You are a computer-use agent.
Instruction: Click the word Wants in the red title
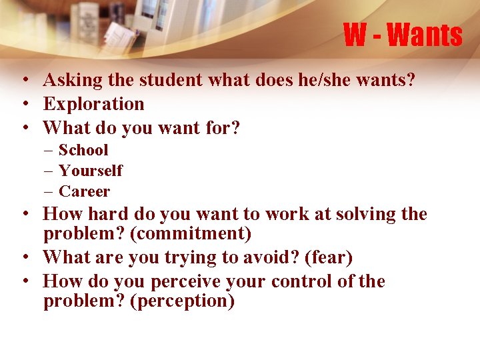pyautogui.click(x=424, y=35)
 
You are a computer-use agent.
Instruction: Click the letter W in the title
pyautogui.click(x=355, y=35)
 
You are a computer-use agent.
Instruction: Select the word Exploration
pyautogui.click(x=94, y=104)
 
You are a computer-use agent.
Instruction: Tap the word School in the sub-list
pyautogui.click(x=83, y=150)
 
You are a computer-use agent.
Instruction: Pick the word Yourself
pyautogui.click(x=91, y=171)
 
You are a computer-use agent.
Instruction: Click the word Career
pyautogui.click(x=84, y=191)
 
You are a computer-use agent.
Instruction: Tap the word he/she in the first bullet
pyautogui.click(x=312, y=81)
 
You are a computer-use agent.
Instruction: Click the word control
pyautogui.click(x=302, y=281)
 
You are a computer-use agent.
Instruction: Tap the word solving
pyautogui.click(x=365, y=214)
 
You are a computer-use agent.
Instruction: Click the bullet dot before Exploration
pyautogui.click(x=23, y=104)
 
